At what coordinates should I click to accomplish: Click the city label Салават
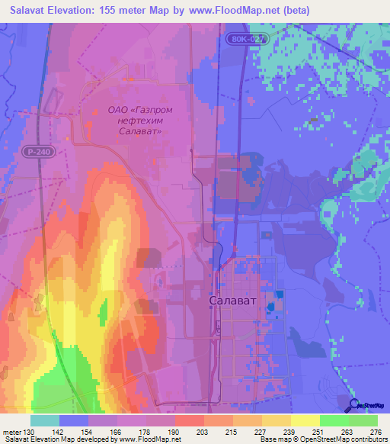click(232, 301)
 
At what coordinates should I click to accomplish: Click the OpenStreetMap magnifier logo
click(354, 404)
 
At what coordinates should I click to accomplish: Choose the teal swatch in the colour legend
click(44, 420)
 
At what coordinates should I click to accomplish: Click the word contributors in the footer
click(366, 439)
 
